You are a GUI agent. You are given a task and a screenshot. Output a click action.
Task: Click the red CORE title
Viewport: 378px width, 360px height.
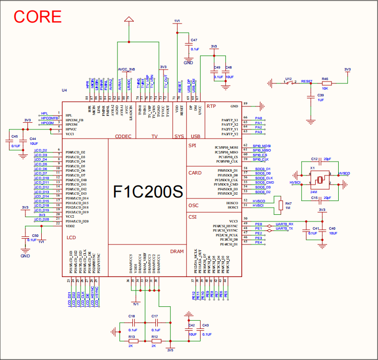click(x=37, y=16)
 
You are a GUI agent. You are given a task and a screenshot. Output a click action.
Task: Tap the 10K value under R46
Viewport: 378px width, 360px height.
click(x=325, y=89)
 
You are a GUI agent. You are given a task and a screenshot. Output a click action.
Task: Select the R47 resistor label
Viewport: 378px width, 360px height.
click(x=288, y=203)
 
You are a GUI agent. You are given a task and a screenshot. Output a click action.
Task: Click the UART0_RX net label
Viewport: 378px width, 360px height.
click(x=284, y=224)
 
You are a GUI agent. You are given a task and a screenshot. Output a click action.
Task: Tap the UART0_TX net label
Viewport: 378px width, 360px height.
click(x=284, y=229)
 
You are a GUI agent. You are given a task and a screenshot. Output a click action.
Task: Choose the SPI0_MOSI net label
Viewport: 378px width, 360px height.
click(x=262, y=145)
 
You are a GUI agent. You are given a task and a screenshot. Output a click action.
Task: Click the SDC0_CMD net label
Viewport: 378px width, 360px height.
click(x=264, y=182)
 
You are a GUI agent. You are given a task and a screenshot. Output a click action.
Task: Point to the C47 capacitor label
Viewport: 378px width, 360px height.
click(x=194, y=40)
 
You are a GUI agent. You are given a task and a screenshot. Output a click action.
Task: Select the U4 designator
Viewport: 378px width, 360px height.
click(x=64, y=91)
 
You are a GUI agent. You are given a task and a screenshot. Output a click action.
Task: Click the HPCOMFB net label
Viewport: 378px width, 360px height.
click(x=49, y=118)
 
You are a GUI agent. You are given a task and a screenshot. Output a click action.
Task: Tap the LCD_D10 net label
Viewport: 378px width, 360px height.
click(x=41, y=178)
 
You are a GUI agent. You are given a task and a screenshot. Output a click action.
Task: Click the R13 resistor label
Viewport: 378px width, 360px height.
click(x=131, y=337)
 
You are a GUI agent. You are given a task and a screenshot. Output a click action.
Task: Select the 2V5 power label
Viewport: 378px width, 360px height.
click(x=170, y=350)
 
